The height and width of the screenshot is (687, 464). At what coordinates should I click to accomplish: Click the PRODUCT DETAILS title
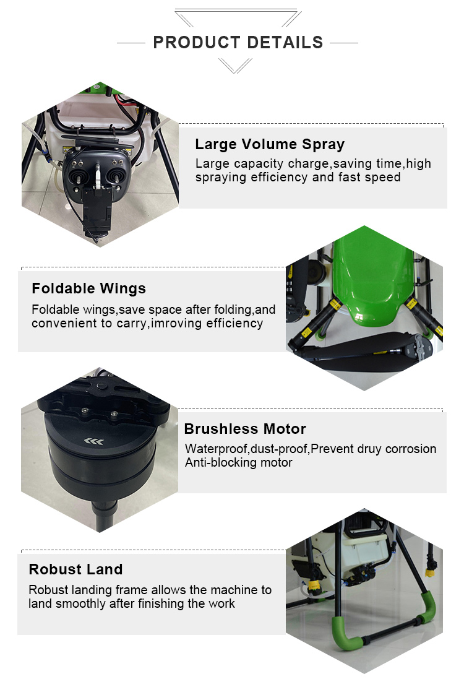(238, 43)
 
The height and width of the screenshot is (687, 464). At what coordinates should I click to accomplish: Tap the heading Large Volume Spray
(270, 144)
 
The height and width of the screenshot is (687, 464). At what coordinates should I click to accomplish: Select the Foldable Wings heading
(89, 288)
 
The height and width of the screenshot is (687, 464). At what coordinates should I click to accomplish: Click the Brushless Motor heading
(245, 428)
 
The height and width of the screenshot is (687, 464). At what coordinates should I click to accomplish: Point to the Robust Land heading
(76, 569)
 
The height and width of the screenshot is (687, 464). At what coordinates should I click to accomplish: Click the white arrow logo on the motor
(94, 441)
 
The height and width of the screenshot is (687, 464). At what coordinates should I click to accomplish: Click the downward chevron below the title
(235, 66)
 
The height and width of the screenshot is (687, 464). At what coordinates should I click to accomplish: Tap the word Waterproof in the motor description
(217, 449)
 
